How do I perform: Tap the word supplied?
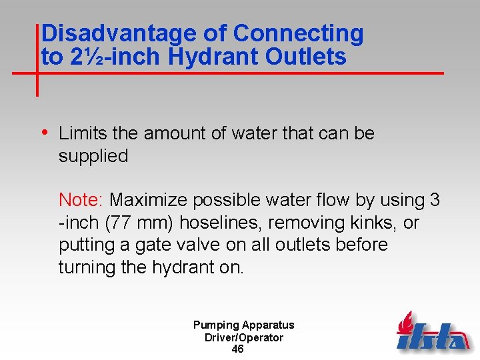click(93, 156)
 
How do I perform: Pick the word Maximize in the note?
click(153, 200)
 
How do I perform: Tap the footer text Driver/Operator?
click(243, 337)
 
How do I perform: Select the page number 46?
click(237, 349)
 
